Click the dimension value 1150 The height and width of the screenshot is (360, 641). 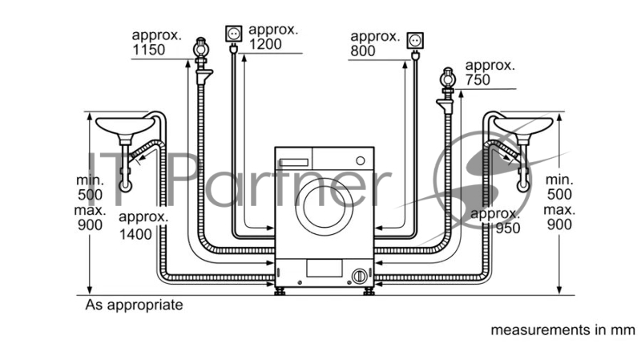click(x=149, y=50)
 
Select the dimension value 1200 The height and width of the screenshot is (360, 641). click(x=265, y=44)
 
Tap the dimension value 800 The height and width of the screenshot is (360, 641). click(x=363, y=51)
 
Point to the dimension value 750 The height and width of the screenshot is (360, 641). click(x=478, y=79)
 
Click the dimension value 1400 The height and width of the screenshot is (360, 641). click(x=135, y=234)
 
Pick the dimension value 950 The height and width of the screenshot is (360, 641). click(x=508, y=229)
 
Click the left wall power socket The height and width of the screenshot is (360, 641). click(x=233, y=34)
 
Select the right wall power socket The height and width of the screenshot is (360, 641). click(x=415, y=41)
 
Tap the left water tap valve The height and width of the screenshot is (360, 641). click(x=201, y=49)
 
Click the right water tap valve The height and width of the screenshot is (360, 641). click(x=449, y=79)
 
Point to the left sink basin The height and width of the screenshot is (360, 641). click(x=125, y=125)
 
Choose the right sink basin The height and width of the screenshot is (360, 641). click(x=523, y=125)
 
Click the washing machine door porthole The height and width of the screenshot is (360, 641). click(x=325, y=207)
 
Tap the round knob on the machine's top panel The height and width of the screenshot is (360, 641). click(x=360, y=161)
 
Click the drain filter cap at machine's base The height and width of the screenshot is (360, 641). click(x=359, y=276)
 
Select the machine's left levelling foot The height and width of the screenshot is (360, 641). click(x=280, y=291)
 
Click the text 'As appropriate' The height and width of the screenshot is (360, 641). click(x=134, y=305)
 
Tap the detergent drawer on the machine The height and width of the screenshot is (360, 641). click(x=293, y=163)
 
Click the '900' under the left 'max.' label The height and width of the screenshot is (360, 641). click(x=90, y=224)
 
